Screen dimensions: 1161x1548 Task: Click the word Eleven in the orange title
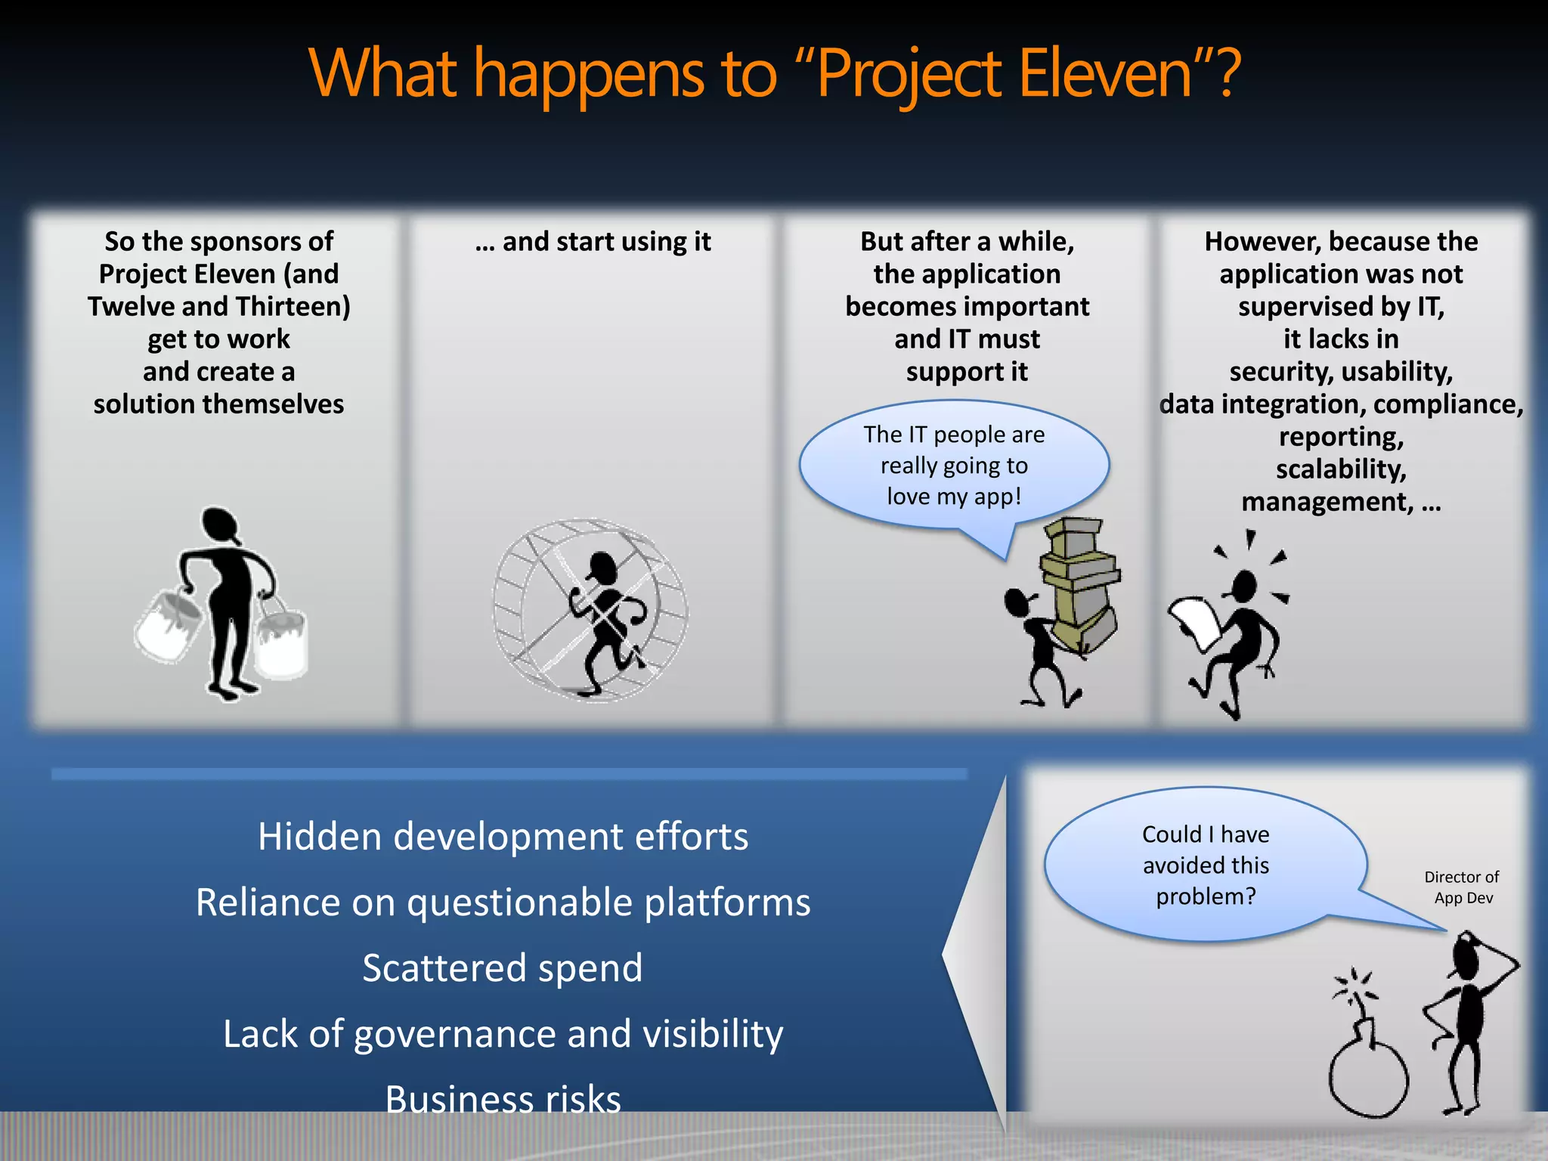(1104, 74)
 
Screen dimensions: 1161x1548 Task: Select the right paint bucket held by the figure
(281, 641)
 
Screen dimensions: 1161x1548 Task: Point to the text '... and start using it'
(593, 242)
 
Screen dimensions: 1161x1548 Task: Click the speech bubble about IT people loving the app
(954, 466)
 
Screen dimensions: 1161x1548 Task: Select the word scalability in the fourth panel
(1341, 469)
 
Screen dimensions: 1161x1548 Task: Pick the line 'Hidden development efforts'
(503, 837)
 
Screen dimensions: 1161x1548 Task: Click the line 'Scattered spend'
(503, 968)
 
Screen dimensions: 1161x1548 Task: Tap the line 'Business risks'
(503, 1099)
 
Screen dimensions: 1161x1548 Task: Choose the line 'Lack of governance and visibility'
(503, 1034)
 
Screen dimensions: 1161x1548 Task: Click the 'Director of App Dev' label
(1462, 887)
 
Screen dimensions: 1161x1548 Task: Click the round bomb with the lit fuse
(1368, 1077)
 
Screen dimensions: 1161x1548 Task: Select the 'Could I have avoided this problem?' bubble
(1206, 865)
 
